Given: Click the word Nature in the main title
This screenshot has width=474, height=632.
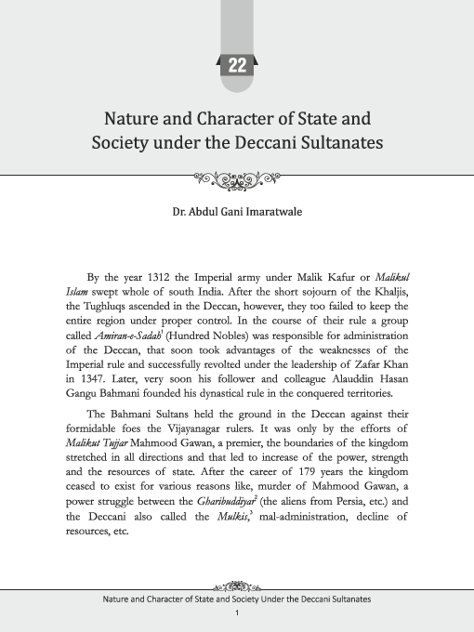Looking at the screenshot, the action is [x=133, y=119].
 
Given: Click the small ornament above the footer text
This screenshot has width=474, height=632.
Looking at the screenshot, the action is [x=237, y=586].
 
